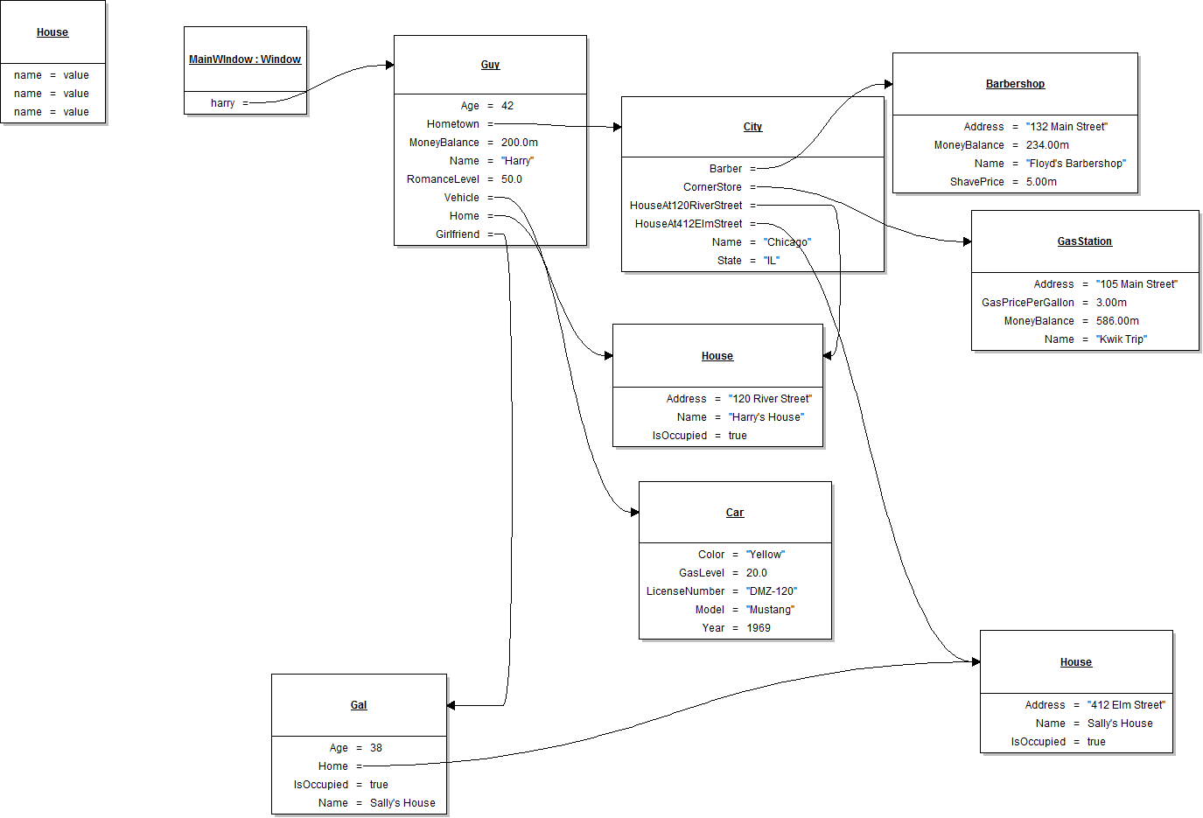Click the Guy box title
[x=490, y=65]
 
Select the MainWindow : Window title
[x=245, y=59]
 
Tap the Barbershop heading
[x=1015, y=84]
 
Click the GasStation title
[x=1084, y=241]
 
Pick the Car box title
[x=735, y=513]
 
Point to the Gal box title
[x=359, y=705]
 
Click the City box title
[x=752, y=127]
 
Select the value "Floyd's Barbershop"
[x=1075, y=164]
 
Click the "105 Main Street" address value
[x=1137, y=284]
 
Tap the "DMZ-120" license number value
[x=771, y=591]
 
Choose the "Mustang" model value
[x=770, y=610]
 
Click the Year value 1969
[x=758, y=628]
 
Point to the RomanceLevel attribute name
[x=443, y=179]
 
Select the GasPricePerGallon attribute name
[x=1027, y=303]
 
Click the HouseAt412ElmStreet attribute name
[x=688, y=224]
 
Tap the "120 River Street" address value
[x=770, y=399]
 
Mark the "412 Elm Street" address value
[x=1126, y=705]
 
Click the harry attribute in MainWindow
[x=222, y=103]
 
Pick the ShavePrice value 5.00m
[x=1041, y=182]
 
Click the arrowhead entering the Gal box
[x=451, y=705]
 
